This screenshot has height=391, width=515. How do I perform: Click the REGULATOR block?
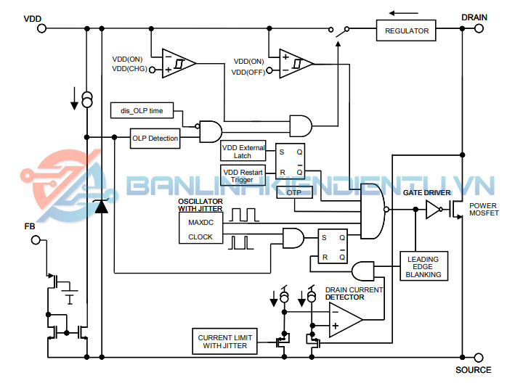click(407, 30)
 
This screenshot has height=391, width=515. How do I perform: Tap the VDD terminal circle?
click(41, 28)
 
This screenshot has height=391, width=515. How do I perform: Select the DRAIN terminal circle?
click(478, 29)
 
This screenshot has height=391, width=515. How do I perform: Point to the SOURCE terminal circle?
click(478, 358)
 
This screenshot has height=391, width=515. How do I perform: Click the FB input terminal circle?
click(34, 239)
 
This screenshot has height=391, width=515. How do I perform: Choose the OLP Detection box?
click(155, 138)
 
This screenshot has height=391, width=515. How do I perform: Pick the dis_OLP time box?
click(142, 111)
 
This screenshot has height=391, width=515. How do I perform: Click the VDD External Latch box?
click(243, 151)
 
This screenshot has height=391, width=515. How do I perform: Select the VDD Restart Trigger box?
click(243, 175)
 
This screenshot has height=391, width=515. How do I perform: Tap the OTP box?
click(293, 192)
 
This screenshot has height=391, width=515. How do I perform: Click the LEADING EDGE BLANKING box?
click(423, 266)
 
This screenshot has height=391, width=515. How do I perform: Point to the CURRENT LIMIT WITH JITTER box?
click(228, 341)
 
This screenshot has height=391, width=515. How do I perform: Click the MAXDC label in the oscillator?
click(200, 221)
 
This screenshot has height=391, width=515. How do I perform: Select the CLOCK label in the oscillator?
click(200, 236)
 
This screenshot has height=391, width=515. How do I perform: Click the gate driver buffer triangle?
click(433, 210)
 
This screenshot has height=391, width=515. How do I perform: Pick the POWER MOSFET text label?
click(484, 210)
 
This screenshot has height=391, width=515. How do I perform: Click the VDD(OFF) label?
click(248, 72)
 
